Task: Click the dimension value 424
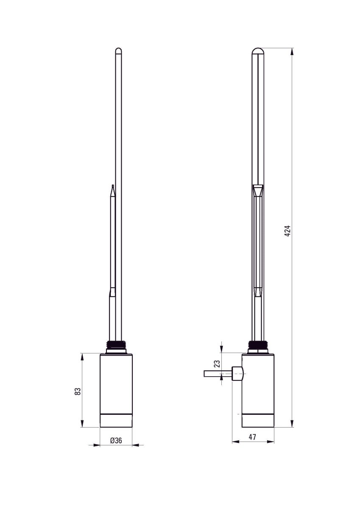coord(287,230)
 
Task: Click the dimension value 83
coord(78,391)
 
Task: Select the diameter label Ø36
coord(116,441)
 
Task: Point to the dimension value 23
coord(217,364)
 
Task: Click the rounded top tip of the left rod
coord(119,51)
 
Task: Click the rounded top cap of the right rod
coord(258,51)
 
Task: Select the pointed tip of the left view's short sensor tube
coord(112,187)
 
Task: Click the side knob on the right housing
coord(238,374)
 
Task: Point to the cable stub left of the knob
coord(218,374)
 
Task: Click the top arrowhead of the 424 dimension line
coord(292,51)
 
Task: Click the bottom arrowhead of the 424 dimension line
coord(292,424)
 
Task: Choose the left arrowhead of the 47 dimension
coord(235,442)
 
